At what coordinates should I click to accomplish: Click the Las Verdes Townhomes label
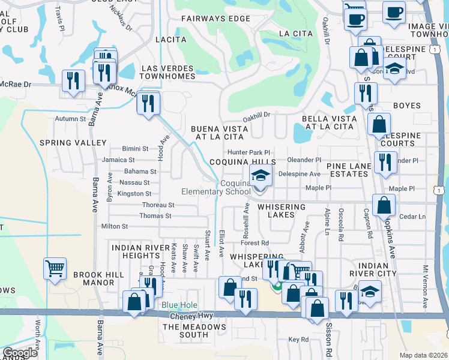(x=167, y=72)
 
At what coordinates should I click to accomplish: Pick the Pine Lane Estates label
(x=348, y=169)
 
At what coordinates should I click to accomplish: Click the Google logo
(x=20, y=353)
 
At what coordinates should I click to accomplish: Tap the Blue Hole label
(x=178, y=305)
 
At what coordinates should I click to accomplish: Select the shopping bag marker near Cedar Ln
(x=384, y=205)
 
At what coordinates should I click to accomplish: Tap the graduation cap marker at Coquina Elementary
(x=261, y=176)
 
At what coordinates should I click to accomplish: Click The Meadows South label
(x=194, y=331)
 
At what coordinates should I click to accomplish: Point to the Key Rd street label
(x=298, y=340)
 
